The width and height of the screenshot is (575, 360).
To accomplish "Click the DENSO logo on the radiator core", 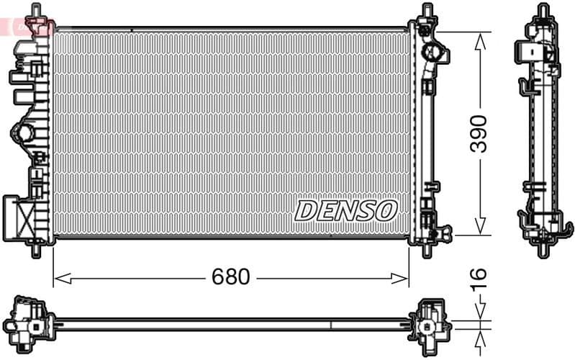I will point(346,210).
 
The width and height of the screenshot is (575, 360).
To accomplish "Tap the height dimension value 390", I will point(479,133).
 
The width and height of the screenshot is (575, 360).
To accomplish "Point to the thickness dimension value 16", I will point(479,277).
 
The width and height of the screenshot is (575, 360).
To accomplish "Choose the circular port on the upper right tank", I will point(433,53).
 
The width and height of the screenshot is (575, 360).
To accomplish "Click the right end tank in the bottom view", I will point(430,321).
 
